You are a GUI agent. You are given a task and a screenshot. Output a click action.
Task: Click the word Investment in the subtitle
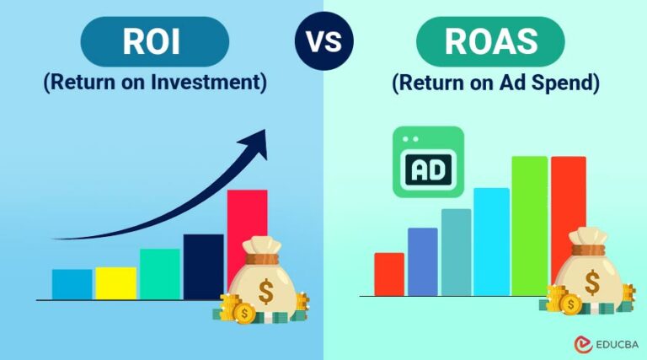217,83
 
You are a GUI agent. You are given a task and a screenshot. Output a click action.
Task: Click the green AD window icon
428,163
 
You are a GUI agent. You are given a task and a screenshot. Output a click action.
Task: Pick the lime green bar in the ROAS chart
529,219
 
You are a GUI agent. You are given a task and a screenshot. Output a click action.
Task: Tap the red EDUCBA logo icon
580,344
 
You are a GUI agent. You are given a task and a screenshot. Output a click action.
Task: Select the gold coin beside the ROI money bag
245,314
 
